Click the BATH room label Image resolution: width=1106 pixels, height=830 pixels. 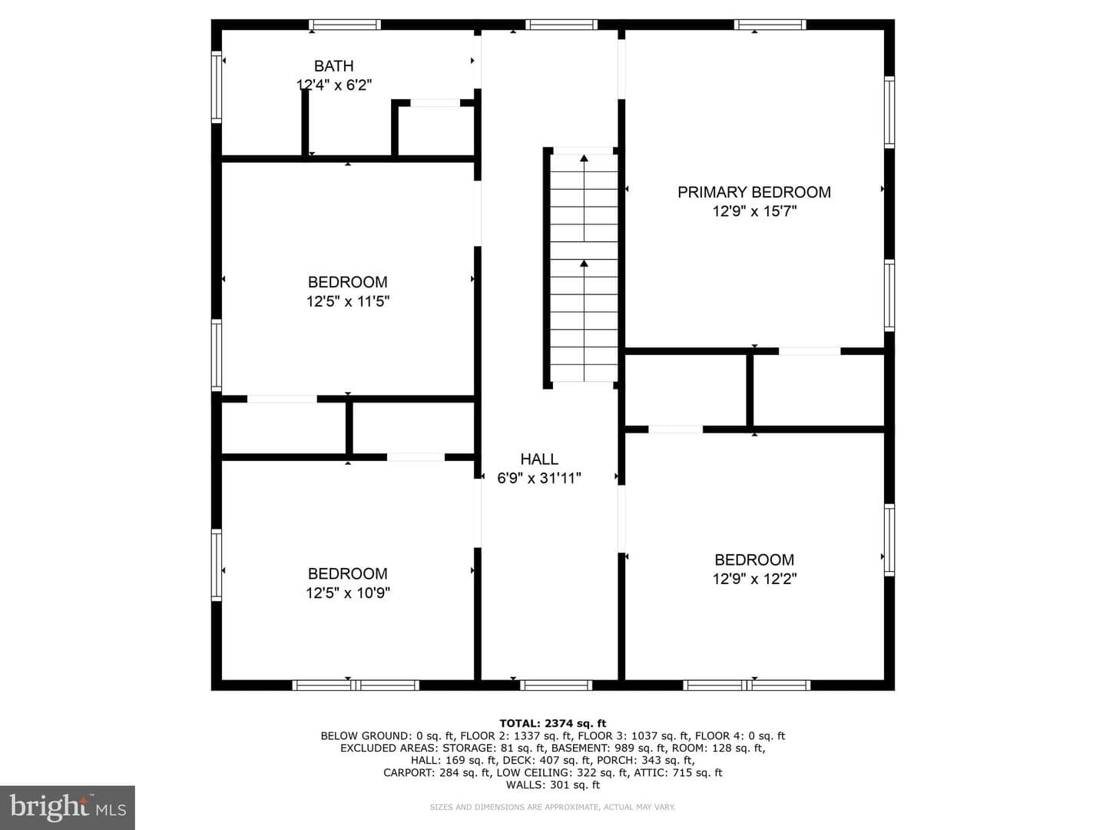click(333, 66)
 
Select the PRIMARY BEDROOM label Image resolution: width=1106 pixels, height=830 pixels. click(753, 192)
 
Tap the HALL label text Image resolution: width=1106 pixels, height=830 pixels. click(539, 459)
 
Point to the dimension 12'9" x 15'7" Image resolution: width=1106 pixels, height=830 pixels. click(754, 211)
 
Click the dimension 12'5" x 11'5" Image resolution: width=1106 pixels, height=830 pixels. click(348, 301)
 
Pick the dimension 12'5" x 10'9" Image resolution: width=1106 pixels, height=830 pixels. click(348, 593)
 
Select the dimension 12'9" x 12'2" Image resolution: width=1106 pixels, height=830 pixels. click(754, 579)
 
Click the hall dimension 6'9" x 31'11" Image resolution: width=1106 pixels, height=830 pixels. click(539, 478)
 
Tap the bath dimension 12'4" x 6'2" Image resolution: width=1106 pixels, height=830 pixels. click(334, 85)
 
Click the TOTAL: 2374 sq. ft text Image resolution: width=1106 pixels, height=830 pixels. click(553, 724)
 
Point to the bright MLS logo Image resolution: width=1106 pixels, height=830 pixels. click(68, 808)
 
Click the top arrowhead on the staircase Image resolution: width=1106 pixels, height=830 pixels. click(584, 158)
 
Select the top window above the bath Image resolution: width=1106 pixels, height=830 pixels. click(345, 25)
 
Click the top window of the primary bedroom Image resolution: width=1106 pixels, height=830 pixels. click(770, 25)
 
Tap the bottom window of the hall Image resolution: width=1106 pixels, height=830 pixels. click(556, 685)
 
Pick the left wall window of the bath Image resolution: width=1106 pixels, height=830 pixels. click(216, 87)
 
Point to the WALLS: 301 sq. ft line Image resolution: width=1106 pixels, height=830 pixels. click(553, 785)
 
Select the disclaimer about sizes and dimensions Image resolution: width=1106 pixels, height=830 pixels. click(552, 807)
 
